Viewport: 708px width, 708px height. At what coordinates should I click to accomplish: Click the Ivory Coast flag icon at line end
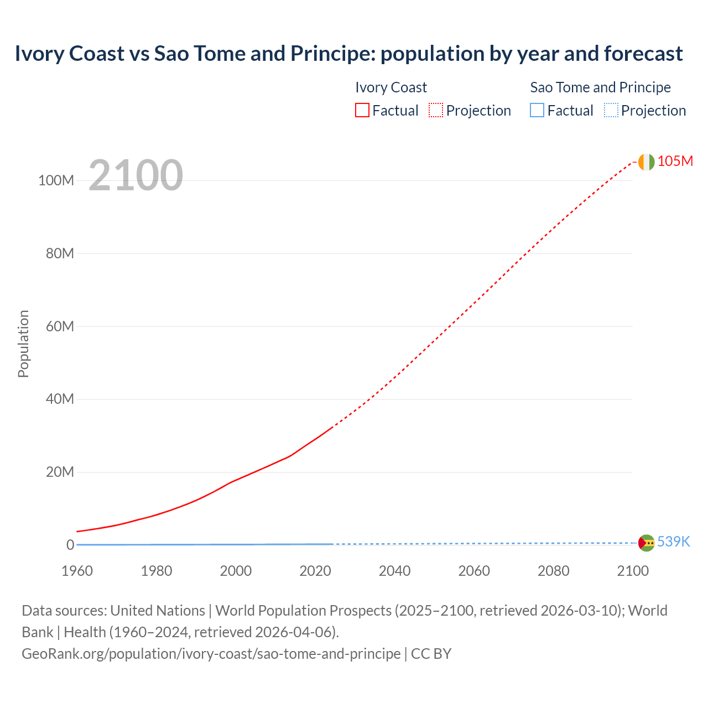[x=646, y=162]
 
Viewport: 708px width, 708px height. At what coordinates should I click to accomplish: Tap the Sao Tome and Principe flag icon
[x=646, y=543]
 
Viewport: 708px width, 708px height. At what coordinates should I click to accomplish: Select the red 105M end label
[x=675, y=161]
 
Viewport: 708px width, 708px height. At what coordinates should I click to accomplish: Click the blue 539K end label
[x=673, y=542]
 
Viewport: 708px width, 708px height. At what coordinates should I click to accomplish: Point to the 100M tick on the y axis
[x=56, y=180]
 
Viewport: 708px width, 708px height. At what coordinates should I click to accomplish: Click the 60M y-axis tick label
[x=60, y=326]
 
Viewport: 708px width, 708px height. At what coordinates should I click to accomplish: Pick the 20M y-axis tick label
[x=60, y=472]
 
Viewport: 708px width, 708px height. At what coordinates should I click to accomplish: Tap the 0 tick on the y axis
[x=70, y=545]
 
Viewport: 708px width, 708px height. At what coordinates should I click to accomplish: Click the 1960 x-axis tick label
[x=77, y=571]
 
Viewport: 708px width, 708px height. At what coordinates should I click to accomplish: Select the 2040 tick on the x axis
[x=394, y=571]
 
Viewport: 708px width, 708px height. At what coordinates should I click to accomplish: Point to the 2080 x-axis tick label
[x=553, y=571]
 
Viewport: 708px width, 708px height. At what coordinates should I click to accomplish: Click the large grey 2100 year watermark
[x=136, y=175]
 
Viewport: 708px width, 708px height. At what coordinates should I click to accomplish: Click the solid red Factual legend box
[x=362, y=110]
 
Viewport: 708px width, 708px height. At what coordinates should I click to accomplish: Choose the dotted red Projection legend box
[x=435, y=110]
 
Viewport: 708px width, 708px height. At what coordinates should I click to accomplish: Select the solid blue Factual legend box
[x=537, y=110]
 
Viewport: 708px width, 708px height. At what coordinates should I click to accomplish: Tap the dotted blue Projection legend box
[x=611, y=110]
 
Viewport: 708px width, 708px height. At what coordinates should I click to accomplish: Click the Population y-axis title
[x=23, y=343]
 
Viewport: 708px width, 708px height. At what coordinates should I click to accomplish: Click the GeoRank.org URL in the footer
[x=211, y=654]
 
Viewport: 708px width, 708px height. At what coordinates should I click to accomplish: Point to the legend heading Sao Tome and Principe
[x=600, y=87]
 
